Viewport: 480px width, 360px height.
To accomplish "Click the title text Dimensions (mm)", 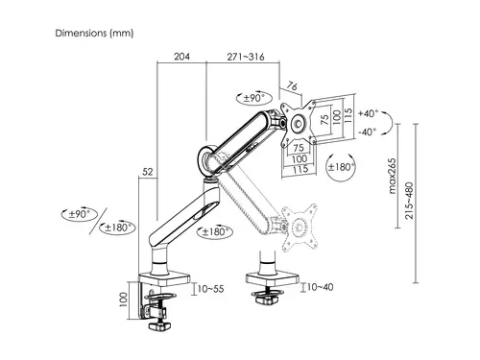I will click(x=93, y=33).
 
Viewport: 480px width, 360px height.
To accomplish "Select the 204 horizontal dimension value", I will click(x=180, y=56).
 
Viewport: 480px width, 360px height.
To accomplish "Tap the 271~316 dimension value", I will click(x=244, y=56).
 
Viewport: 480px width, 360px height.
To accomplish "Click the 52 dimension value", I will click(x=147, y=172).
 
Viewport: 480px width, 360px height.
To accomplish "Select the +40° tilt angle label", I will click(x=368, y=112).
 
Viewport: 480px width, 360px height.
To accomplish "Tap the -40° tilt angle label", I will click(x=368, y=132).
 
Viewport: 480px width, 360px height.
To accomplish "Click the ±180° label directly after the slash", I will click(x=119, y=228).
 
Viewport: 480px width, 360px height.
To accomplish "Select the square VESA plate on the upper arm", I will click(x=299, y=123).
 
